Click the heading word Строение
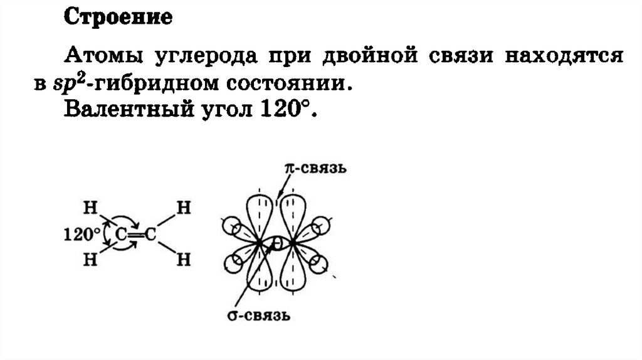point(118,18)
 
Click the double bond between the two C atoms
point(137,235)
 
